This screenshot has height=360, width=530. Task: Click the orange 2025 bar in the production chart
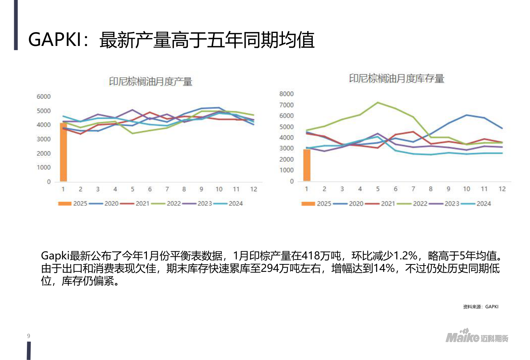click(x=63, y=152)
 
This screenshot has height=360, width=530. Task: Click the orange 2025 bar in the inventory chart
click(x=306, y=165)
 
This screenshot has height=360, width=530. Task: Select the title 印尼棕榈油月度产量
click(x=151, y=81)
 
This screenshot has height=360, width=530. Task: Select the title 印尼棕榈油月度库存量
click(x=397, y=78)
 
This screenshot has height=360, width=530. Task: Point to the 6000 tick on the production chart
click(x=43, y=96)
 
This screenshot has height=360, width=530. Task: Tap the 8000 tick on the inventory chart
click(x=286, y=94)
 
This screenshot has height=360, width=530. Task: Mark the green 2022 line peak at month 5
click(x=378, y=102)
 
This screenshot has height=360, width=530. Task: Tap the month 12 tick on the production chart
click(x=253, y=189)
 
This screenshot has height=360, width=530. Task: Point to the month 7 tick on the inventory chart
click(x=413, y=189)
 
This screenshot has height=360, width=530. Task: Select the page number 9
click(x=28, y=336)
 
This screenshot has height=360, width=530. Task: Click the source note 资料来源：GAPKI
click(x=481, y=307)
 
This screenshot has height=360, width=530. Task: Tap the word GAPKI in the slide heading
click(x=55, y=39)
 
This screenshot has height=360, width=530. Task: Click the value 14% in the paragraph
click(x=384, y=269)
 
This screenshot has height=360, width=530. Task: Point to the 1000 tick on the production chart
click(x=43, y=167)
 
